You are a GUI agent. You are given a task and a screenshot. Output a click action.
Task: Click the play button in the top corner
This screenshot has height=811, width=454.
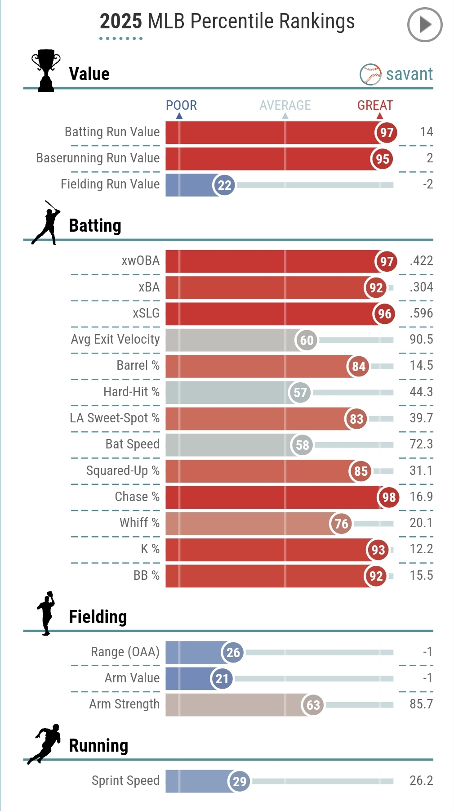(424, 25)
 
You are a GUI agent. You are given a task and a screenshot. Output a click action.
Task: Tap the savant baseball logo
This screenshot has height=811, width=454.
(370, 74)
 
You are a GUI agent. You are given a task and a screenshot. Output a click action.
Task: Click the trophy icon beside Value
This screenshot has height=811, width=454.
(46, 71)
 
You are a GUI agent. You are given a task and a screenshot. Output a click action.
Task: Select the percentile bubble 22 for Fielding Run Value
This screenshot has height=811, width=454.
(224, 185)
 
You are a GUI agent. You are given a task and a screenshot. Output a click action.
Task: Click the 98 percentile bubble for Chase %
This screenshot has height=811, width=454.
(389, 497)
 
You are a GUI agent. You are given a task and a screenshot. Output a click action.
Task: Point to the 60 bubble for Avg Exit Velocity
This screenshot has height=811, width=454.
(307, 340)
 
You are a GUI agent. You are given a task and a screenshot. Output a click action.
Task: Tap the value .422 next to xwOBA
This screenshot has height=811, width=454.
(421, 261)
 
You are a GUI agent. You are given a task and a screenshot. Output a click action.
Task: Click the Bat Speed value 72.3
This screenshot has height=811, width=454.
(421, 444)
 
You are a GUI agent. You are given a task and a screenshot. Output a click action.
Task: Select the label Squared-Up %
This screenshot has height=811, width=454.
(123, 470)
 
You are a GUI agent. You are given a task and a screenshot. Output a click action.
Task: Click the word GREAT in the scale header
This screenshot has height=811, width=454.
(375, 105)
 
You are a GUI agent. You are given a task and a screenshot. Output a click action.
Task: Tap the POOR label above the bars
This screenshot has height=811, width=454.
(181, 105)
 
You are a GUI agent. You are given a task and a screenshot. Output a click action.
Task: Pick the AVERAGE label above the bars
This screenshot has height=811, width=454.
(285, 105)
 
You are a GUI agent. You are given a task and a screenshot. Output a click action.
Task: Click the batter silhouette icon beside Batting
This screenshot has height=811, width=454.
(46, 223)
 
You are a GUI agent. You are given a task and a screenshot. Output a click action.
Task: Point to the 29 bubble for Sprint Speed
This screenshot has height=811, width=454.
(239, 781)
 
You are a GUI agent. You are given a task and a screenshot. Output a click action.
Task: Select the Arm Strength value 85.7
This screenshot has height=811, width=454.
(421, 704)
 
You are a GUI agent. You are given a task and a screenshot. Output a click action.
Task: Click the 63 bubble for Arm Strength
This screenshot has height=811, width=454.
(313, 705)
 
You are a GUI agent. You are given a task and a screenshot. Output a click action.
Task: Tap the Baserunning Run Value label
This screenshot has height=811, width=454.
(98, 158)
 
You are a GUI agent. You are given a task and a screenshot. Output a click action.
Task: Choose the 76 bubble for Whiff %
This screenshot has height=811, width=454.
(341, 524)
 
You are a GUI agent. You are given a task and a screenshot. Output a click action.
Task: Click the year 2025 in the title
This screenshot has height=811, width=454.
(120, 21)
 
